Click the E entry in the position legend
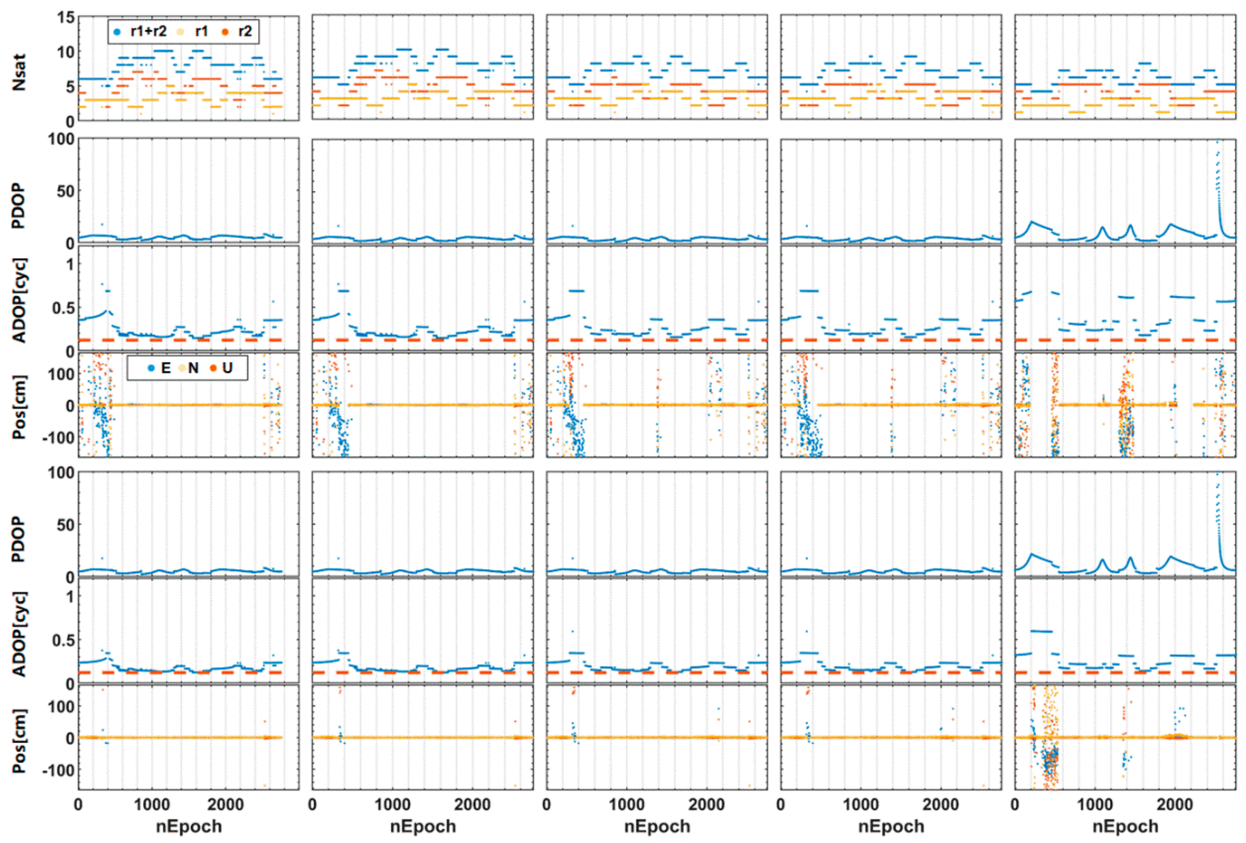pos(159,368)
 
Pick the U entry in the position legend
pos(221,368)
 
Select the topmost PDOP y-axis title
pos(19,205)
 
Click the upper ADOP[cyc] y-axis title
pos(19,300)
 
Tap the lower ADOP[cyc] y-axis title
pos(19,634)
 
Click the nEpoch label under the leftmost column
pos(189,826)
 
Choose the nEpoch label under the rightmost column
pos(1125,826)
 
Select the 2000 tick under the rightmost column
pos(1175,804)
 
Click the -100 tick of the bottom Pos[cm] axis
pos(59,770)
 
